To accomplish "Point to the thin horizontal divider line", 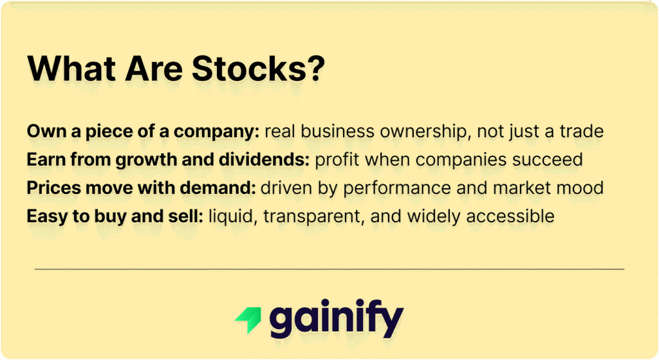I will [x=329, y=269].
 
